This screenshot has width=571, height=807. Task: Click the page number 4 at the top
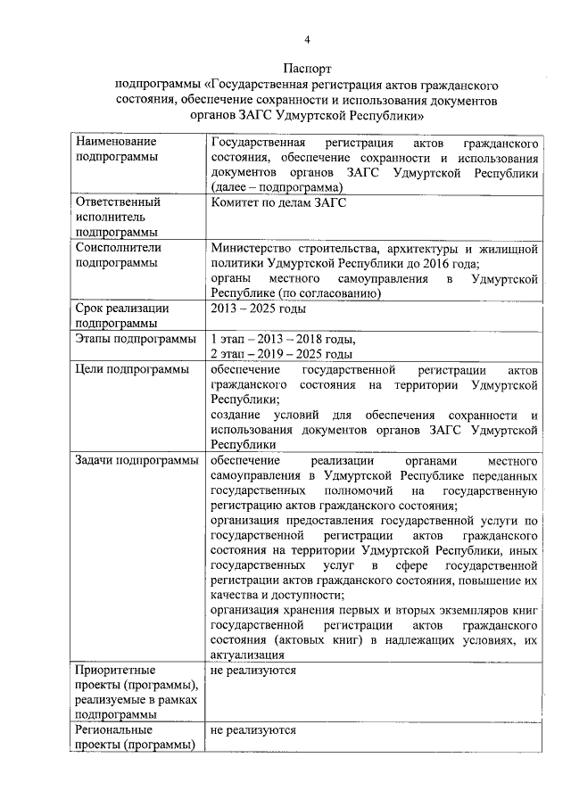pyautogui.click(x=307, y=39)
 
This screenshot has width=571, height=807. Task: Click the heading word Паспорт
pyautogui.click(x=307, y=68)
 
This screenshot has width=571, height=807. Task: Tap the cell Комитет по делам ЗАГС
pyautogui.click(x=278, y=202)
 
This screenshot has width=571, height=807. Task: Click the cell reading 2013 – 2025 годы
pyautogui.click(x=258, y=309)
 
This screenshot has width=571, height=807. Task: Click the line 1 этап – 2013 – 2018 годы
pyautogui.click(x=283, y=339)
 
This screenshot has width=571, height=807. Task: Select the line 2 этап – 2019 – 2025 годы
pyautogui.click(x=282, y=354)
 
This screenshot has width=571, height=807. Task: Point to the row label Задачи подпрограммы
pyautogui.click(x=131, y=460)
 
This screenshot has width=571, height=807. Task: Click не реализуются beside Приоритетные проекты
pyautogui.click(x=253, y=670)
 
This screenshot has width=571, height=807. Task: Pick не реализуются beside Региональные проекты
pyautogui.click(x=253, y=729)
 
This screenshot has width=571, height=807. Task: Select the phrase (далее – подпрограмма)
pyautogui.click(x=277, y=187)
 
